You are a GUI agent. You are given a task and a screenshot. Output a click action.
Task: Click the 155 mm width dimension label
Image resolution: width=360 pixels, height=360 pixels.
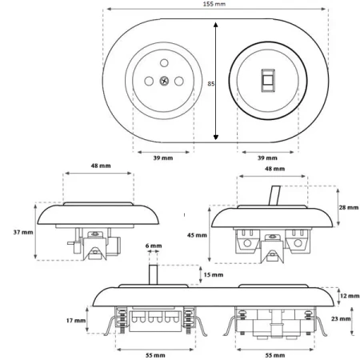214,4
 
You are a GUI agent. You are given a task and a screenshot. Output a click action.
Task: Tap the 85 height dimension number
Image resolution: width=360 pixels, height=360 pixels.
211,84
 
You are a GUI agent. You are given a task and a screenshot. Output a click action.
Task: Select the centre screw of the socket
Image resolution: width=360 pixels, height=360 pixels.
164,81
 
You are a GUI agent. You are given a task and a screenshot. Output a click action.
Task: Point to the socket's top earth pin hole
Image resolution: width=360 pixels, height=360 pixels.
164,63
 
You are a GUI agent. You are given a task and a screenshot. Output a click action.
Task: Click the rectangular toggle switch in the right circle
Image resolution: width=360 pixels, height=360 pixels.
268,81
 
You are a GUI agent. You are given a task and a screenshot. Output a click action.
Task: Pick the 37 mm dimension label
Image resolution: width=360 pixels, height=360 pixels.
23,232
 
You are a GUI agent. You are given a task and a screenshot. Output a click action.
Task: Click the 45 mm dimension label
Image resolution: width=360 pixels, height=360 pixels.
197,235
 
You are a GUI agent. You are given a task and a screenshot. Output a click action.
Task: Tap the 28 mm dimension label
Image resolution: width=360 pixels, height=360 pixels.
349,207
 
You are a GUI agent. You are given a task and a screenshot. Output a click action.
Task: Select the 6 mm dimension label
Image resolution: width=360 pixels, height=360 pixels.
154,246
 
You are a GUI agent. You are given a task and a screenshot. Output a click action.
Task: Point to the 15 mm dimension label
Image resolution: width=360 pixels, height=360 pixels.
214,274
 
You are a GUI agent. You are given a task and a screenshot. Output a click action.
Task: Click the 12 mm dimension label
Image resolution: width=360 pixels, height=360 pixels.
350,296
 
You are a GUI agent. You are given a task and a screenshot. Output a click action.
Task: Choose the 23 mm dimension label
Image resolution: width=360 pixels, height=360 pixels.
341,318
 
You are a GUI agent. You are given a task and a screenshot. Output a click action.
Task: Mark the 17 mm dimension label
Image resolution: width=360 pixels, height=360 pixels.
76,320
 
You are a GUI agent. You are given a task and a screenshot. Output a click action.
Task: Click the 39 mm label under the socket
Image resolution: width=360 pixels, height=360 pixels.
163,158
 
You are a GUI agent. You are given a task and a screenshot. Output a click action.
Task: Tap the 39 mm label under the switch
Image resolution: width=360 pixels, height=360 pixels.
267,158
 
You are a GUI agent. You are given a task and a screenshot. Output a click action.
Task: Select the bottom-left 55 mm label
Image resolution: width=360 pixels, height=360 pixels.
155,355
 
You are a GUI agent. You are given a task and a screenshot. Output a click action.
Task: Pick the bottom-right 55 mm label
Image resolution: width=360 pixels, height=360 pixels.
275,355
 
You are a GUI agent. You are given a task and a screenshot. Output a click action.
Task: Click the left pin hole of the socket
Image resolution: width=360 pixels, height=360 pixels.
149,81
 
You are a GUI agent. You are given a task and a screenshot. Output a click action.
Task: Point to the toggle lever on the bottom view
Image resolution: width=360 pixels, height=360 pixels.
154,274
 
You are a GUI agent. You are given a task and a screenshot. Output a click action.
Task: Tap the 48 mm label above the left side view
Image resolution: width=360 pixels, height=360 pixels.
101,166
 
